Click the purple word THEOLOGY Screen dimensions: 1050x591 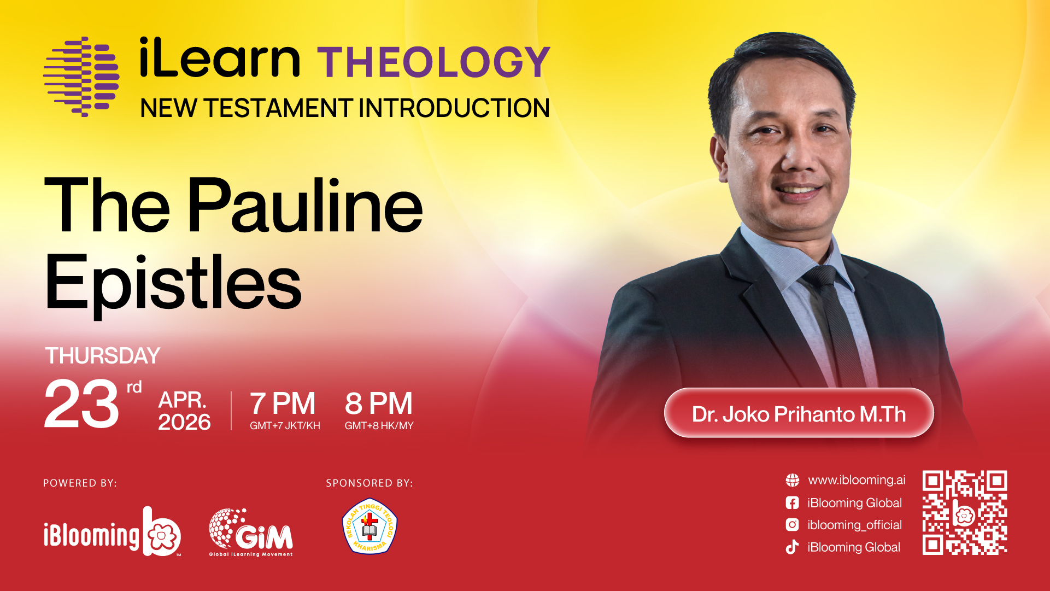tap(433, 62)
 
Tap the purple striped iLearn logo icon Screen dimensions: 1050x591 tap(81, 77)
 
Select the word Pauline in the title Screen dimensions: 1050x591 tap(305, 206)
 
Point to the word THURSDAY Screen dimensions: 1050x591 tap(103, 356)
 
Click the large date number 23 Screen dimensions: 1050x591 tap(81, 404)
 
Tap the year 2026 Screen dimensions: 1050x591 tap(184, 422)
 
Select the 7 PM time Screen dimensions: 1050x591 tap(283, 403)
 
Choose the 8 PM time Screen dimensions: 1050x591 tap(379, 403)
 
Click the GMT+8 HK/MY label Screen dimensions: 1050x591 tap(379, 425)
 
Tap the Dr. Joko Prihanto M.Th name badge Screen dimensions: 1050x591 tap(799, 413)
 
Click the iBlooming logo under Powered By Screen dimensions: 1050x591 tap(112, 531)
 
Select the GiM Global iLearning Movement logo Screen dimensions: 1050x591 tap(251, 533)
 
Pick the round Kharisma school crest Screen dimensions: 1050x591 tap(369, 526)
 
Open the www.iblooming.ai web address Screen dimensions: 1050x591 tap(857, 480)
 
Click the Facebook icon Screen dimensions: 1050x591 tap(792, 503)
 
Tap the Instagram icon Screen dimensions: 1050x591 tap(792, 525)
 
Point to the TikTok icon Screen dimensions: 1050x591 tap(792, 547)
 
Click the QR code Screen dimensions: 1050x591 tap(965, 513)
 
